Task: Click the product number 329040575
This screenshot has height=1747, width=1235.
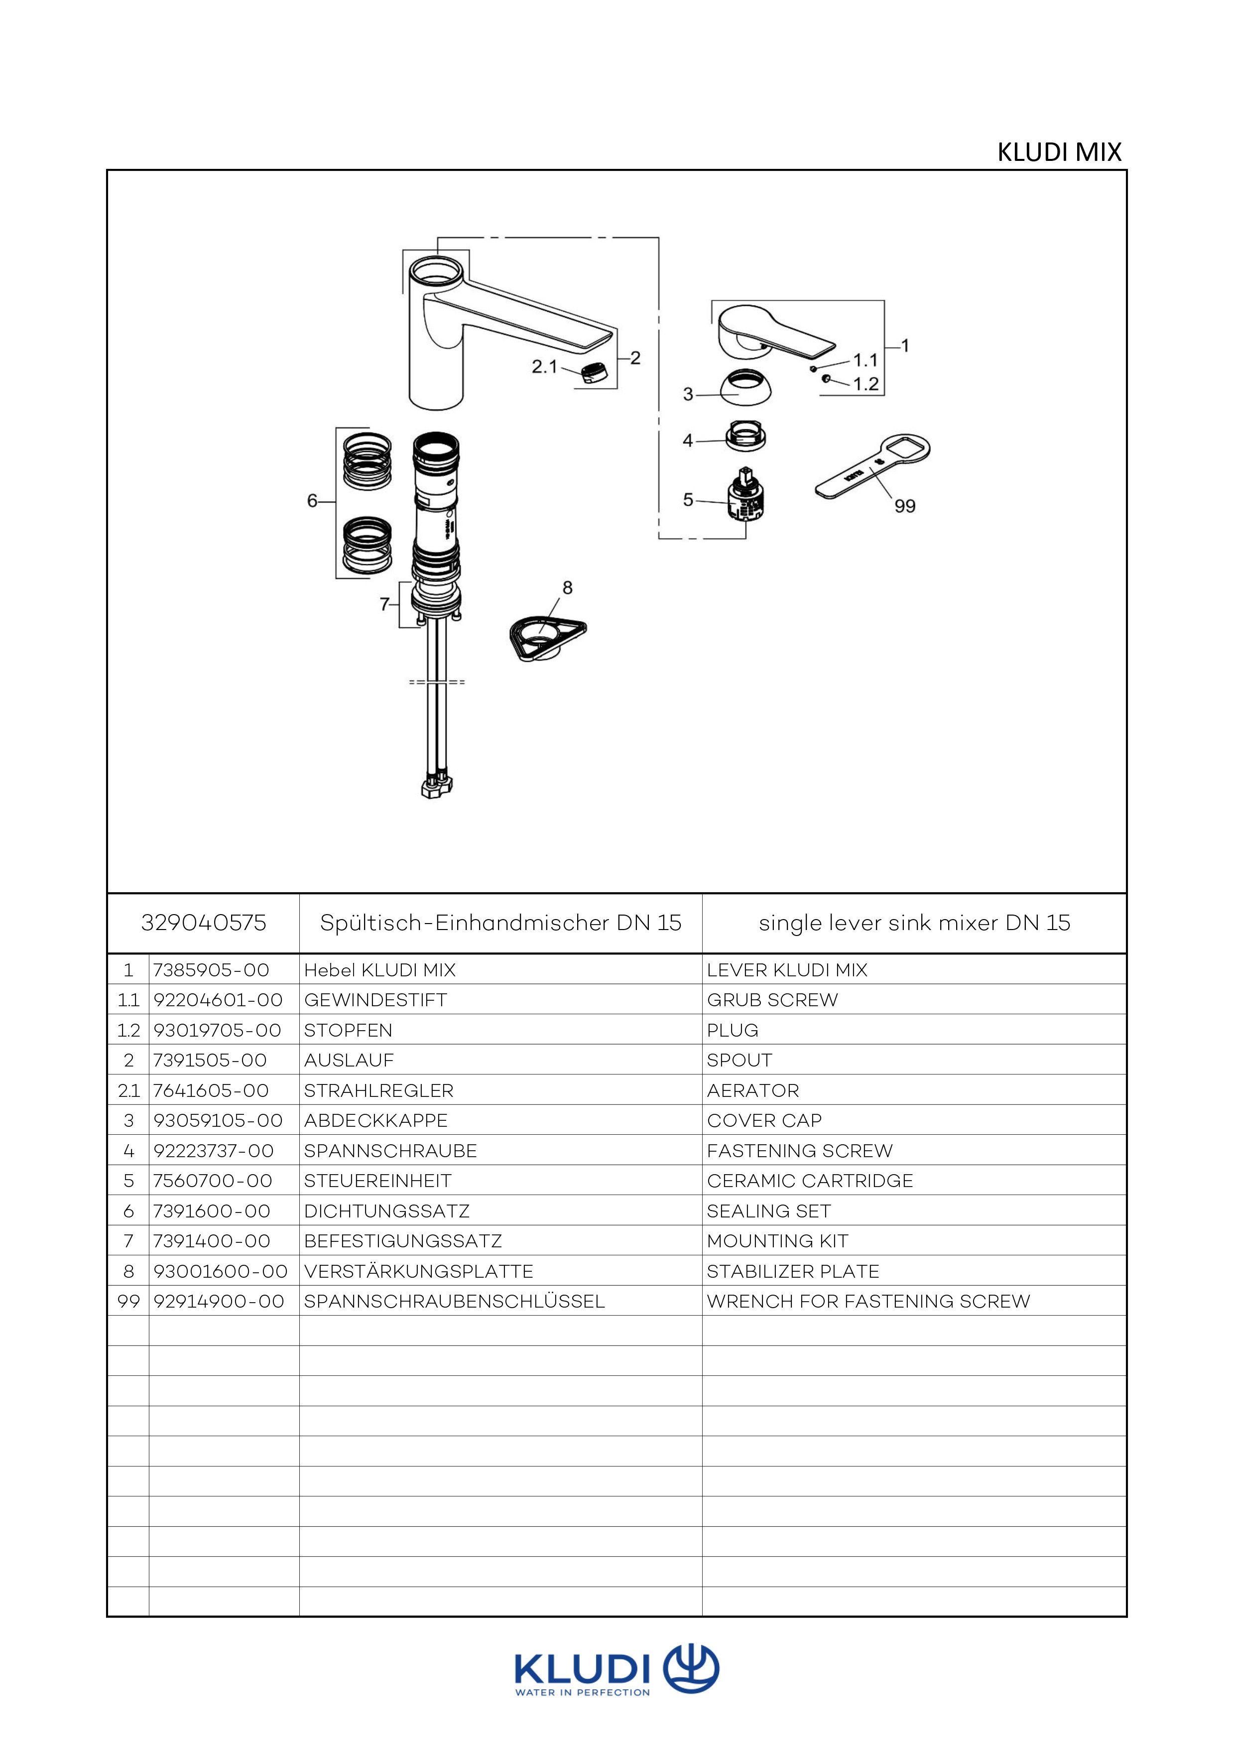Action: [204, 923]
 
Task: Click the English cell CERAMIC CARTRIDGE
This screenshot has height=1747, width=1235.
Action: [810, 1181]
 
